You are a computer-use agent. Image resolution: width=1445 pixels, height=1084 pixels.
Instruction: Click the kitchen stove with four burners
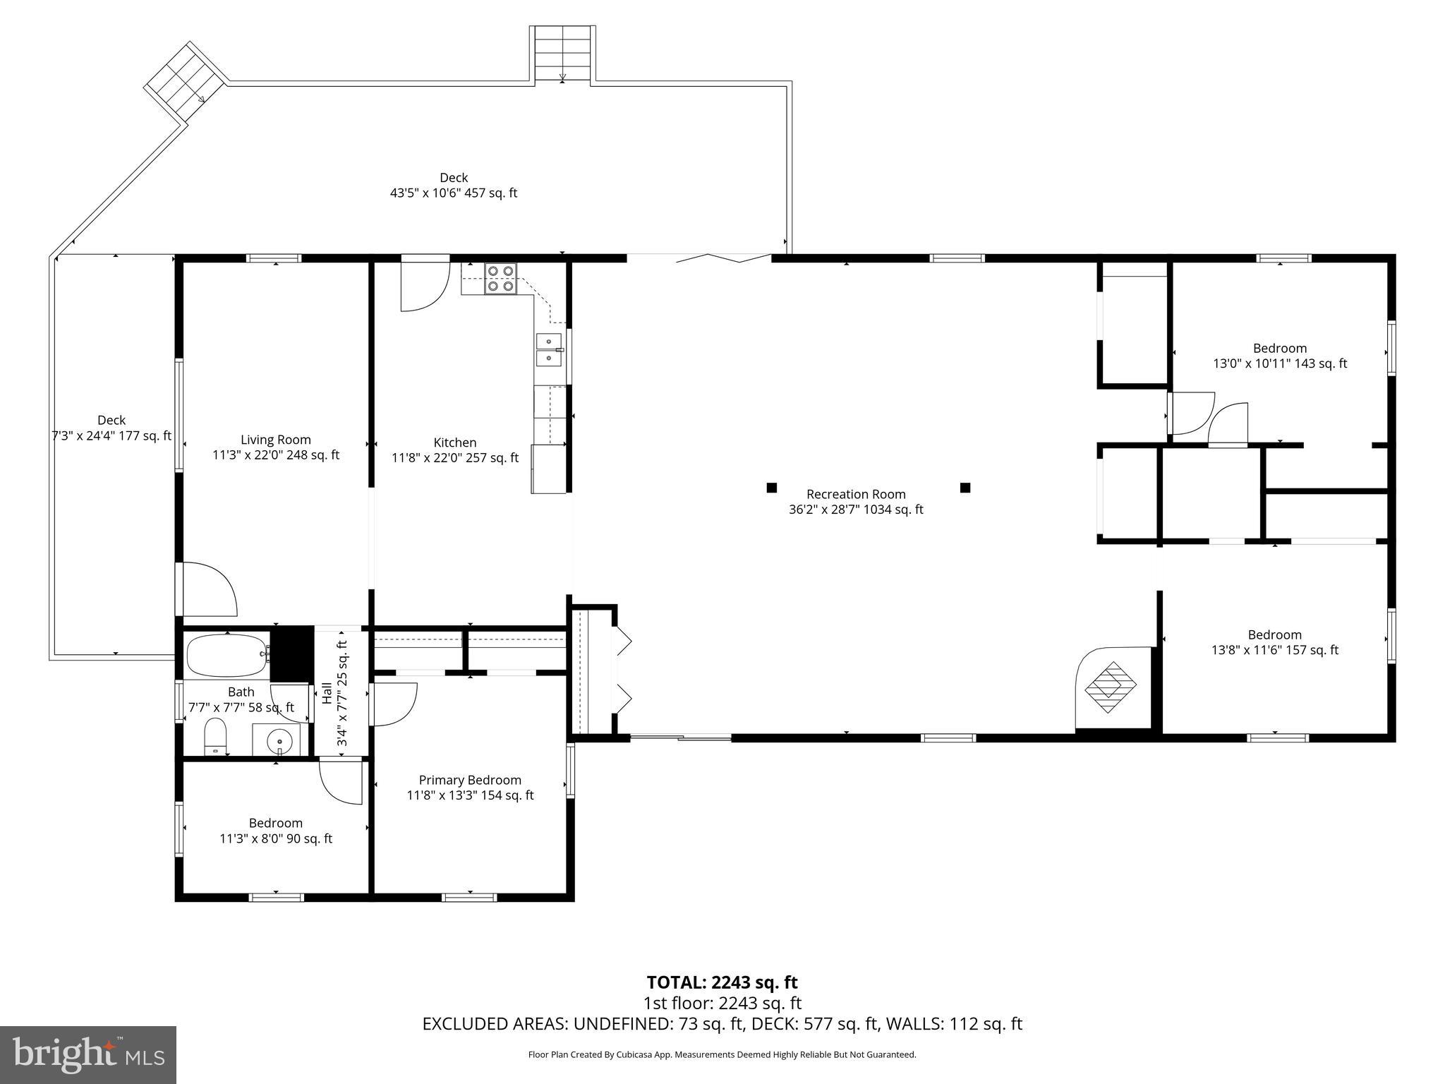click(x=500, y=278)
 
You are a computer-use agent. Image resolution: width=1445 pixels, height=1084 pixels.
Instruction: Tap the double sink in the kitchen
click(x=548, y=350)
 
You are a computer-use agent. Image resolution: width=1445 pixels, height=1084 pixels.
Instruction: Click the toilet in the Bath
click(x=215, y=736)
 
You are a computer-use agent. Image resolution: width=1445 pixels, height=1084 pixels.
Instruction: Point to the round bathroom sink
click(x=281, y=741)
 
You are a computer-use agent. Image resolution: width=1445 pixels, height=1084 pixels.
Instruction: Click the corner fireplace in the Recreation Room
click(x=1111, y=688)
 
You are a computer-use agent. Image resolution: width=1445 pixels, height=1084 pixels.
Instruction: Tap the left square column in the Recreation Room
click(x=771, y=487)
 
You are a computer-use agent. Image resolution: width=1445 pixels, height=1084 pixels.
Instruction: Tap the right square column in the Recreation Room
click(x=965, y=487)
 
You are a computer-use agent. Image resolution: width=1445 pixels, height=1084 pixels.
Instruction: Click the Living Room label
click(x=275, y=440)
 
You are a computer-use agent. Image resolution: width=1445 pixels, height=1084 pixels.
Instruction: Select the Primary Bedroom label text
click(x=470, y=780)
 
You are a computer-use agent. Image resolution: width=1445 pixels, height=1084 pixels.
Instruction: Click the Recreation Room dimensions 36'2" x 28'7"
click(x=855, y=510)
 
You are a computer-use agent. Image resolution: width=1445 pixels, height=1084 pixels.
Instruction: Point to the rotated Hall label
click(x=327, y=693)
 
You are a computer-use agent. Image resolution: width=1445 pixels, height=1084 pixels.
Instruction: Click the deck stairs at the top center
click(x=562, y=54)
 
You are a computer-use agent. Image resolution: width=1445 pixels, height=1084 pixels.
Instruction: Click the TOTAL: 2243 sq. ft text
click(x=722, y=982)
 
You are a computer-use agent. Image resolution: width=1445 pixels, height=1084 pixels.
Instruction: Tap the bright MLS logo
click(x=88, y=1055)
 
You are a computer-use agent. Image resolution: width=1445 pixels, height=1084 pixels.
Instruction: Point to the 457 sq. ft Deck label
click(x=454, y=186)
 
